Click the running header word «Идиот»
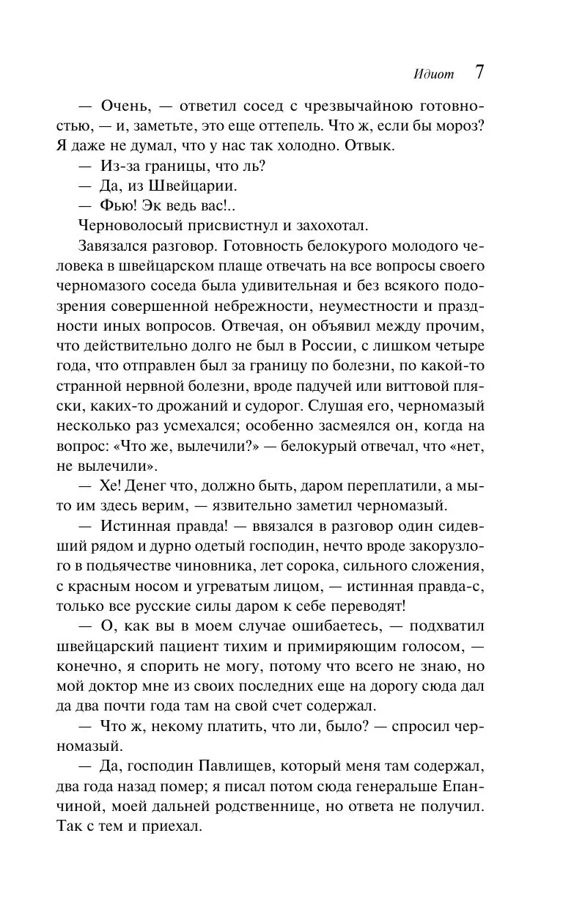434,74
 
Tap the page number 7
479,72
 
